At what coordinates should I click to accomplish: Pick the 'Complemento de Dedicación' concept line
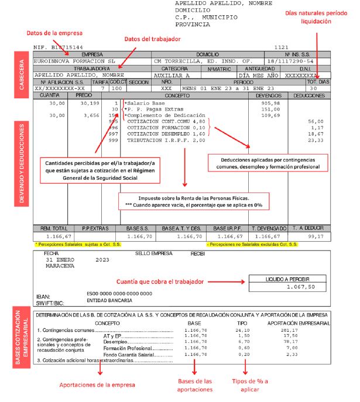click(x=162, y=116)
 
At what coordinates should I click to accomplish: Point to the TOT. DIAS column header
click(x=318, y=82)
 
